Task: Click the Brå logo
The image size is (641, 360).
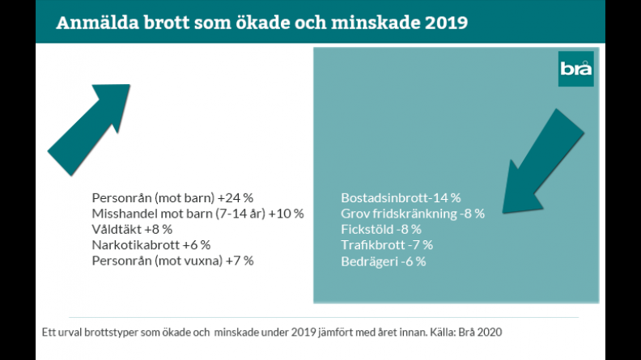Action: tap(576, 69)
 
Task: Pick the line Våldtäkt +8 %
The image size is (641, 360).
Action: tap(132, 229)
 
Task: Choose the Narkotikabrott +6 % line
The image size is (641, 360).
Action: tap(151, 244)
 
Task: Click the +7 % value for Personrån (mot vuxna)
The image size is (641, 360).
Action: tap(240, 260)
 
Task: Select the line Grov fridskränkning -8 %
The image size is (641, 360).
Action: tap(413, 214)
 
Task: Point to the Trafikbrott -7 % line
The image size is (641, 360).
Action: tap(387, 245)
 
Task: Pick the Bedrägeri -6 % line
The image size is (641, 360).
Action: tap(384, 261)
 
